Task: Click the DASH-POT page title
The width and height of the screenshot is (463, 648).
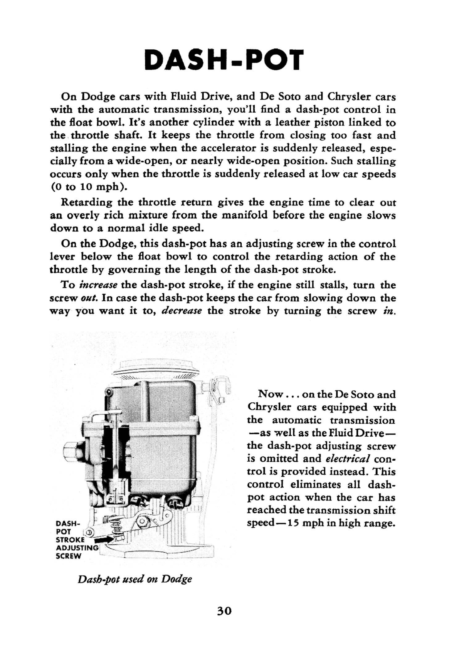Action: [224, 60]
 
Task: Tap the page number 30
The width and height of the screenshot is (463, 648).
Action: [224, 611]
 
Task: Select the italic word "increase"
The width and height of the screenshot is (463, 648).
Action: [98, 285]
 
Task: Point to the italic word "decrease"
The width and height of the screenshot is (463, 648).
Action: [182, 311]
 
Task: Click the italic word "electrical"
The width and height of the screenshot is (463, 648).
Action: [348, 459]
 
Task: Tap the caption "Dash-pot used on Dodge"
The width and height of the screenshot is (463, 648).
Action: [135, 579]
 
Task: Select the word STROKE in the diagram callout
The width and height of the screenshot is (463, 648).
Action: [70, 540]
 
